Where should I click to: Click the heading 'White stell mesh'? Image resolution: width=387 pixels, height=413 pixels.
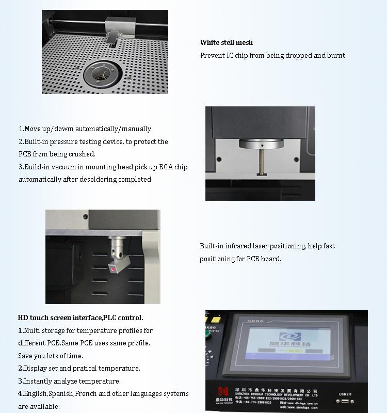coord(227,43)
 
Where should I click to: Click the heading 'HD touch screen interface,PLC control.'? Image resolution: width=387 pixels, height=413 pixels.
coord(80,317)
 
